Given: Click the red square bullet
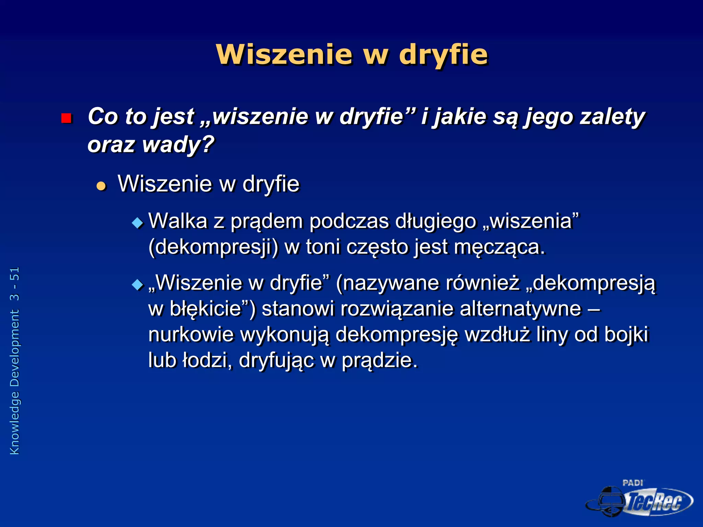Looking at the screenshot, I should tap(66, 118).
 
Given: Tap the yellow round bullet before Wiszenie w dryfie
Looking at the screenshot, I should tap(101, 186).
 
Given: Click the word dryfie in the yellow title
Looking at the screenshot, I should tap(443, 55).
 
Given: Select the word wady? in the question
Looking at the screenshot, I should tap(178, 145).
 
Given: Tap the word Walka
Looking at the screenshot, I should tap(178, 221).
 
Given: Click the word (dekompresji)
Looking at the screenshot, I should tap(213, 247).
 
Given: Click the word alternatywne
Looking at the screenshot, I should tap(520, 308).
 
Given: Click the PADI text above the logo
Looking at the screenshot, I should tap(632, 483).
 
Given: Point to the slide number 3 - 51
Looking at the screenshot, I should tap(15, 284).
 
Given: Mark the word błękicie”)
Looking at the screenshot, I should tap(213, 308).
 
